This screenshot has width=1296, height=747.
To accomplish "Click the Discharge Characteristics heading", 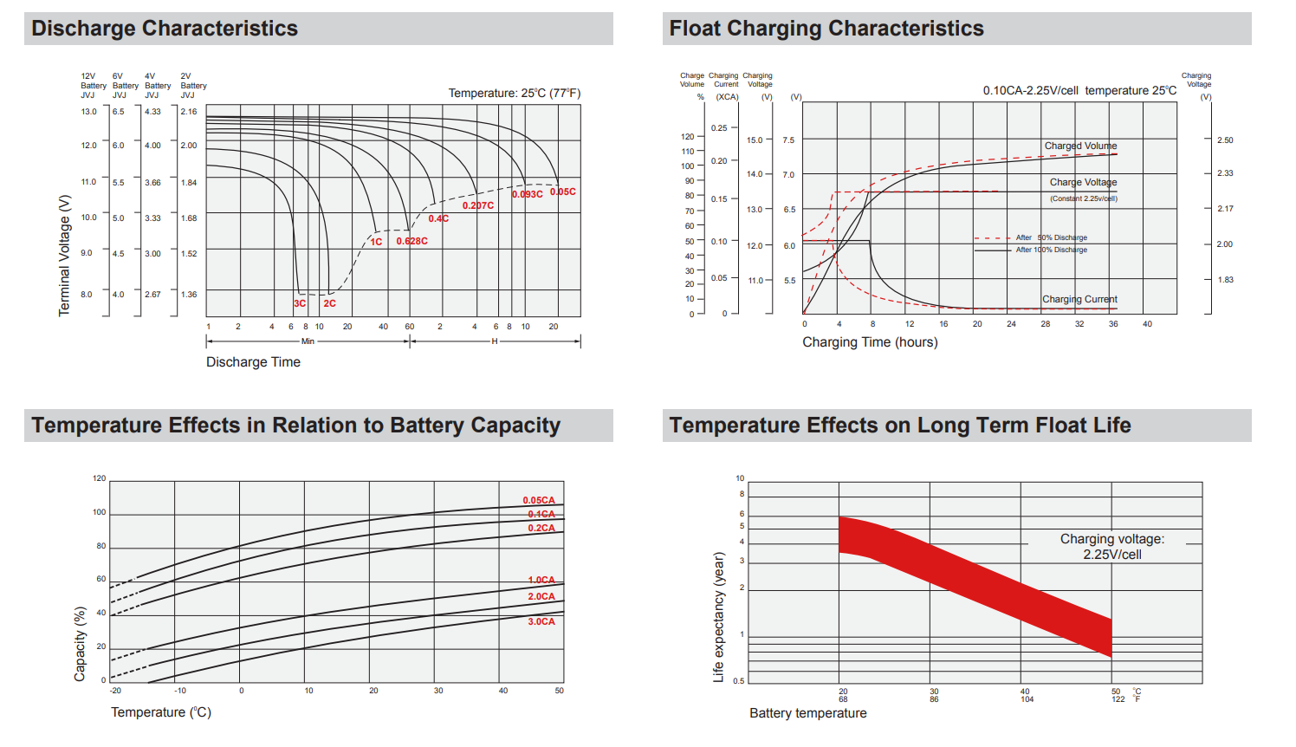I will click(165, 29).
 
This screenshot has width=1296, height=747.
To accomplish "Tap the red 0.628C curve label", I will click(412, 241).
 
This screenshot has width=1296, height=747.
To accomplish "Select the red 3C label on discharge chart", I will click(300, 303).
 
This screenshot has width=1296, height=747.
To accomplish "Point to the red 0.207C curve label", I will click(478, 205).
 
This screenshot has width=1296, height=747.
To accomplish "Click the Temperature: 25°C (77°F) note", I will click(515, 93).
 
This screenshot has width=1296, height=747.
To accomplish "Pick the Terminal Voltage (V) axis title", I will click(64, 255).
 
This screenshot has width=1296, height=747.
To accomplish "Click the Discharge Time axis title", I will click(253, 362).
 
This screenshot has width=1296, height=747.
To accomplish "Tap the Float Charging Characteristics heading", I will click(826, 29).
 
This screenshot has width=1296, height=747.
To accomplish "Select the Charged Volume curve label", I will click(1080, 146).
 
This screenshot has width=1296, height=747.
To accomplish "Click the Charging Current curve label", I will click(1079, 299).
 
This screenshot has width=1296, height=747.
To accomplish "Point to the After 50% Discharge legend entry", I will click(1052, 237).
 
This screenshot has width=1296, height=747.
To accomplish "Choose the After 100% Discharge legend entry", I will click(1052, 250).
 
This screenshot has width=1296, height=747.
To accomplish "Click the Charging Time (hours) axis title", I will click(870, 342).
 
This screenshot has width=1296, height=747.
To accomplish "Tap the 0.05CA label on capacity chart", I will click(539, 500).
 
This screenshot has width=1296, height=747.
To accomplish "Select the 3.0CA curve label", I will click(541, 621).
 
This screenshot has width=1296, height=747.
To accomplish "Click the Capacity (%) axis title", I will click(81, 643).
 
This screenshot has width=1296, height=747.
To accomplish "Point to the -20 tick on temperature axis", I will click(115, 691).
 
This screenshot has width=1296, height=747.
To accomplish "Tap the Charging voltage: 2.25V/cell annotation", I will click(1112, 546).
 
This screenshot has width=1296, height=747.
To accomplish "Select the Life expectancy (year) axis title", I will click(718, 616).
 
